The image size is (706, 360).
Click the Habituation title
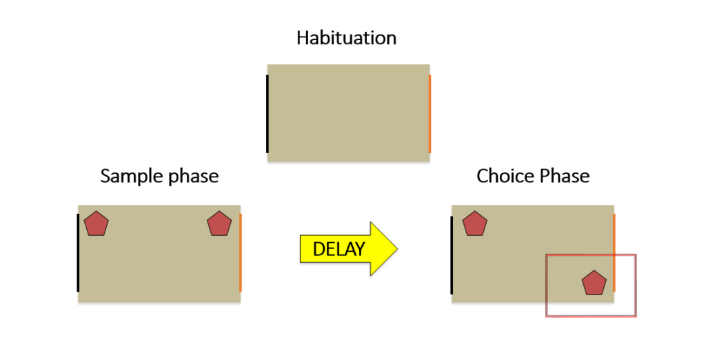346,38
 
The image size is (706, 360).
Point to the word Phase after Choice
563,176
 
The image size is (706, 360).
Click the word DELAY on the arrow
339,249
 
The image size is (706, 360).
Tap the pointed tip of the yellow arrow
397,248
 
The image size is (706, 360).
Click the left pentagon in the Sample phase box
97,224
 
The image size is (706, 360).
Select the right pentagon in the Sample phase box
219,224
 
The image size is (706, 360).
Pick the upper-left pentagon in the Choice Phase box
475,224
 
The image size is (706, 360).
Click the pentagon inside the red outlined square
594,283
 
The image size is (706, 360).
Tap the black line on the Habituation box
268,114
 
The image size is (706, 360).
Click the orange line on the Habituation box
430,114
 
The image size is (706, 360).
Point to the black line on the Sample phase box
79,253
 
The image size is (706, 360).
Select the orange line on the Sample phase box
241,253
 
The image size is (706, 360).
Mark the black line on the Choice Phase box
452,255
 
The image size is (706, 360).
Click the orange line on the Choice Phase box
614,253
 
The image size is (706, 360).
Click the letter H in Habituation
303,38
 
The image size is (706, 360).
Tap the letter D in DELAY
319,249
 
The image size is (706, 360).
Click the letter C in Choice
483,176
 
